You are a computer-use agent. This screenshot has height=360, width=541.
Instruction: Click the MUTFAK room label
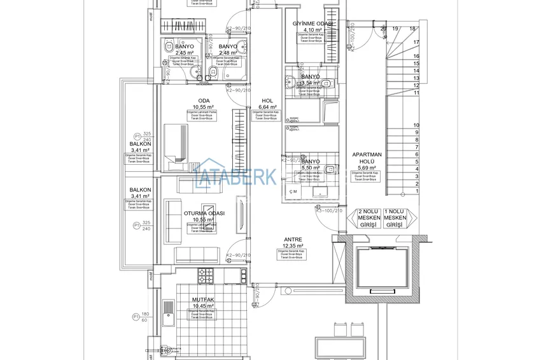202,299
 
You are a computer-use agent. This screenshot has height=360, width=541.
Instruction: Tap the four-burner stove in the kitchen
206,275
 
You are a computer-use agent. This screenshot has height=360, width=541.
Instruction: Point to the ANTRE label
293,240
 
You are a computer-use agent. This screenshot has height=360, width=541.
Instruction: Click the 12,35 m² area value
293,246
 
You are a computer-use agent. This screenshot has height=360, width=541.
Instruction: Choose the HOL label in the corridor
267,100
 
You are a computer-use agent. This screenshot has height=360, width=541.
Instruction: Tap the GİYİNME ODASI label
313,24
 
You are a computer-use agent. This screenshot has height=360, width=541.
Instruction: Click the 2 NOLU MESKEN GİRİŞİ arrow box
369,218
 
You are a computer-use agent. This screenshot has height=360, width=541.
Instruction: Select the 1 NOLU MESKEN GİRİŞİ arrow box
396,218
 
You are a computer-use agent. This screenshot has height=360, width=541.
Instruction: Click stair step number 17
416,42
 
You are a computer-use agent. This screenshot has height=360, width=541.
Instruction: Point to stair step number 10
416,125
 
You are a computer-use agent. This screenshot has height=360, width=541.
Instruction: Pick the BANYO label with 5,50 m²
311,162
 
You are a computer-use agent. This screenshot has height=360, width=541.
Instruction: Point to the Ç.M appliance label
293,191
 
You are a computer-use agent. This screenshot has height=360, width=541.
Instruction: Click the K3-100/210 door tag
330,211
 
